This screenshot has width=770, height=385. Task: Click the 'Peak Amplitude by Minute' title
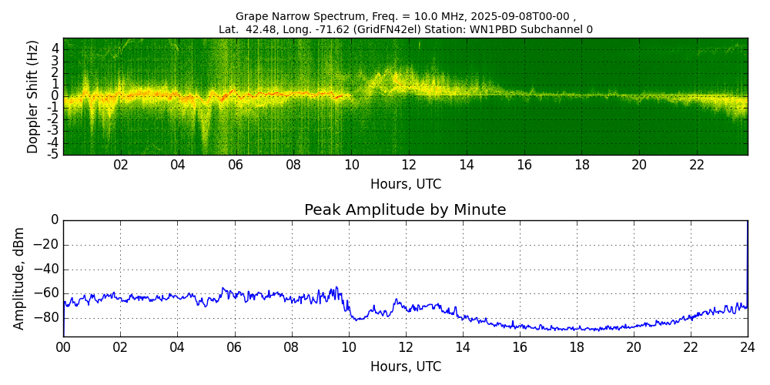tap(405, 210)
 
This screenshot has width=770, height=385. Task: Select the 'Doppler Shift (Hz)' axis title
tap(32, 96)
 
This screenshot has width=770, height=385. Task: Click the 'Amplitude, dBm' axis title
tap(20, 278)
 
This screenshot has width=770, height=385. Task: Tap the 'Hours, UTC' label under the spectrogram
tap(405, 185)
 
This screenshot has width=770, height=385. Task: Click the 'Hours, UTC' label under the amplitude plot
tap(405, 367)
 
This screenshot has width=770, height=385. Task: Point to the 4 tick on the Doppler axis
tap(55, 48)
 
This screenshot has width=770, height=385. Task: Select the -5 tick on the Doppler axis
tap(52, 154)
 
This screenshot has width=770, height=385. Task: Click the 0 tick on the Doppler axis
tap(55, 96)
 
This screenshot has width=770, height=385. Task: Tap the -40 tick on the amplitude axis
tap(48, 269)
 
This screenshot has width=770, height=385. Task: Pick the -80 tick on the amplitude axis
tap(48, 317)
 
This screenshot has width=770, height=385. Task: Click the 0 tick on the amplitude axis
tap(55, 220)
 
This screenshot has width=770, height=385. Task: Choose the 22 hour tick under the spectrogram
tap(697, 166)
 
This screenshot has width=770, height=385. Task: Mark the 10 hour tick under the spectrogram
tap(351, 166)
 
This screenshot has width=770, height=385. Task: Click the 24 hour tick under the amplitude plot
tap(747, 346)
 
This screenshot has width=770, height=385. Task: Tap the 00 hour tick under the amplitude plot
tap(63, 346)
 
